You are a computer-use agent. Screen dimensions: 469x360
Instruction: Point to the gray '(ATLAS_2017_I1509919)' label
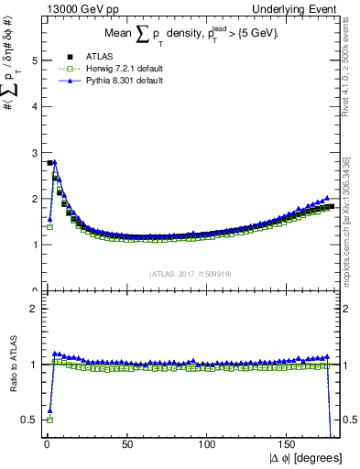point(190,272)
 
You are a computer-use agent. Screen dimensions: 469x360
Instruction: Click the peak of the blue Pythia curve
point(55,162)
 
